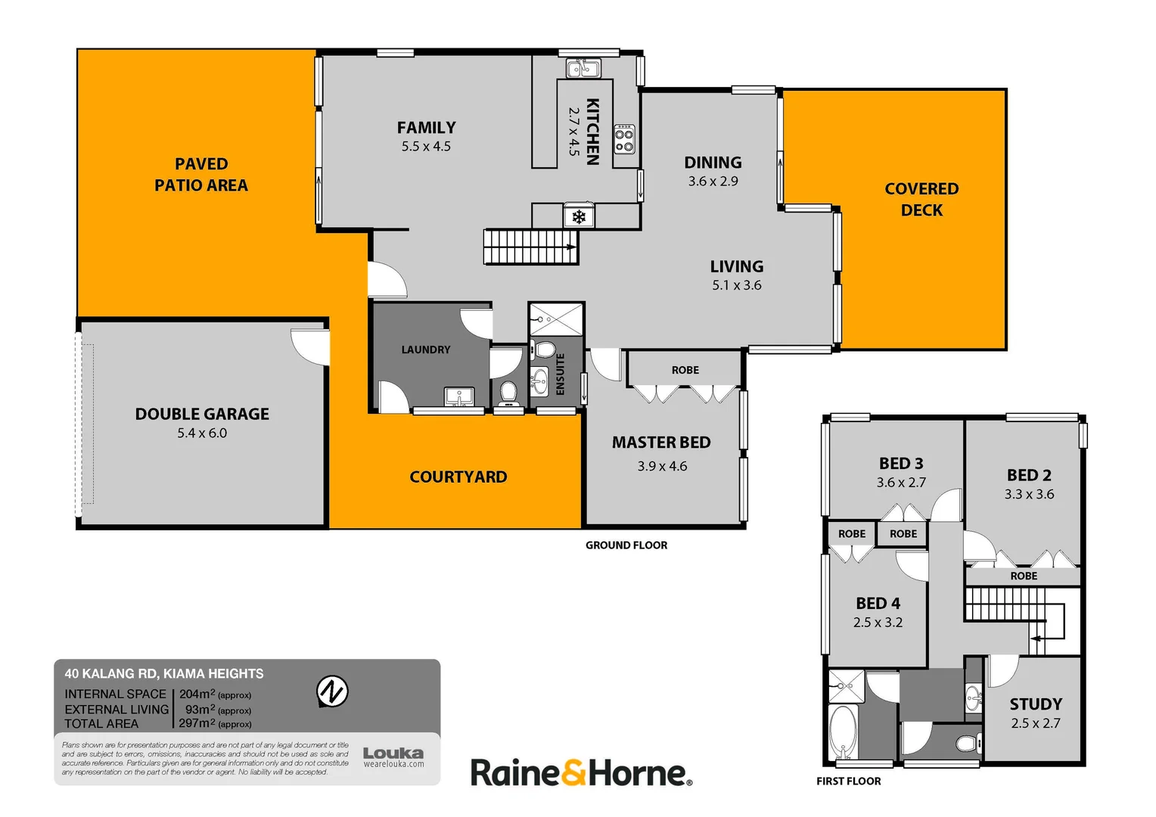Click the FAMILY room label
(x=426, y=128)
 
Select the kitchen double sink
(x=583, y=70)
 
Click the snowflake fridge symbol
(x=579, y=217)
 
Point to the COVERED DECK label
(x=921, y=199)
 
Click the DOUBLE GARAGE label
(x=202, y=414)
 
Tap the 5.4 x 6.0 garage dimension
(x=202, y=433)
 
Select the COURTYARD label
(x=458, y=477)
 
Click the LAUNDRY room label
(x=425, y=349)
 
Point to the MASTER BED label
(x=661, y=443)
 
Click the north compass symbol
(x=331, y=691)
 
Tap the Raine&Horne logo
(x=581, y=773)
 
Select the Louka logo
(x=393, y=756)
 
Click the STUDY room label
(x=1036, y=704)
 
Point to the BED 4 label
(x=878, y=604)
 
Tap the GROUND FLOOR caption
(x=626, y=545)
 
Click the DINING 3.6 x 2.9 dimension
(x=713, y=182)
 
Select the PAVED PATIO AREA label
(x=201, y=175)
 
